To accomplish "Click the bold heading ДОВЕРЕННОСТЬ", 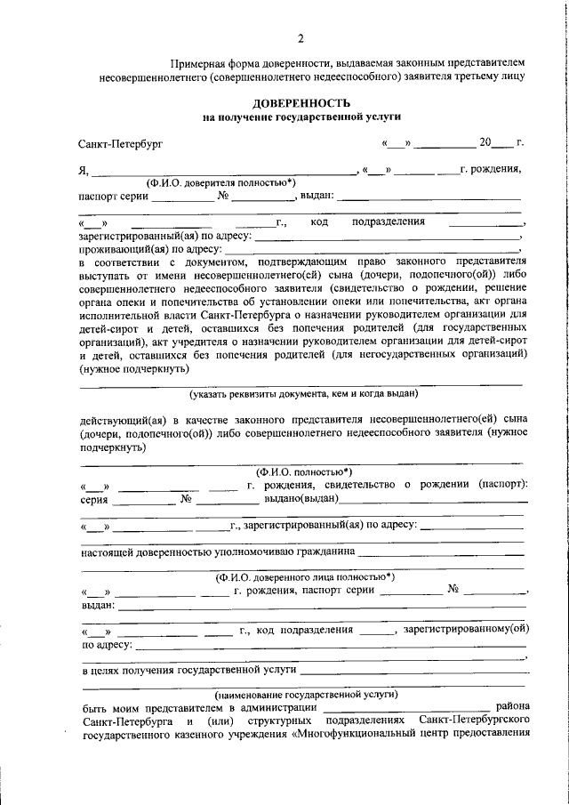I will (301, 103).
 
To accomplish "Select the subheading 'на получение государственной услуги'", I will (301, 117).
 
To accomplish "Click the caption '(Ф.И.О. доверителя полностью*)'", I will (222, 181).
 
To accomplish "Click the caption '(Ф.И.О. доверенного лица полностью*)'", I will (302, 576).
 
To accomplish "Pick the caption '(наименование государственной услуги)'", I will (302, 694).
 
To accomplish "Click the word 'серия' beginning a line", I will (95, 500).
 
